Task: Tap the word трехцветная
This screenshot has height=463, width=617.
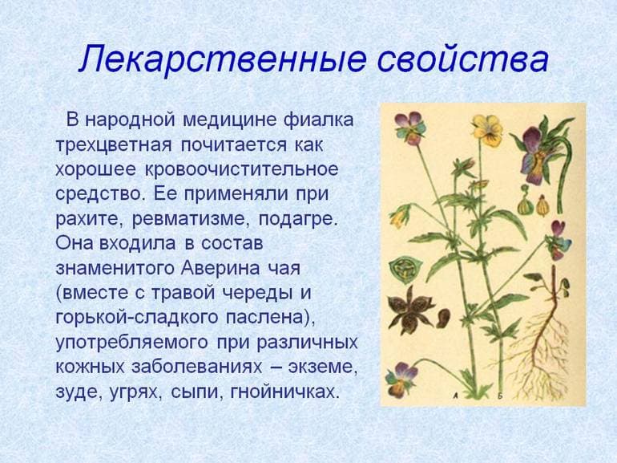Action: click(x=113, y=146)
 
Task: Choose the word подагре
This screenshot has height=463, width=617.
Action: click(x=296, y=218)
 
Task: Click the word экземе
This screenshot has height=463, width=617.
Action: click(x=325, y=367)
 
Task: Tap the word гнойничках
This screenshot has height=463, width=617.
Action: click(x=285, y=392)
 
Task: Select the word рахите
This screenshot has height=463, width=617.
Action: click(x=89, y=218)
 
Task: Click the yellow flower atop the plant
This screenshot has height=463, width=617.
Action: click(x=486, y=128)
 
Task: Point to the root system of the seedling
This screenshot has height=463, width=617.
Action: click(x=545, y=345)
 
